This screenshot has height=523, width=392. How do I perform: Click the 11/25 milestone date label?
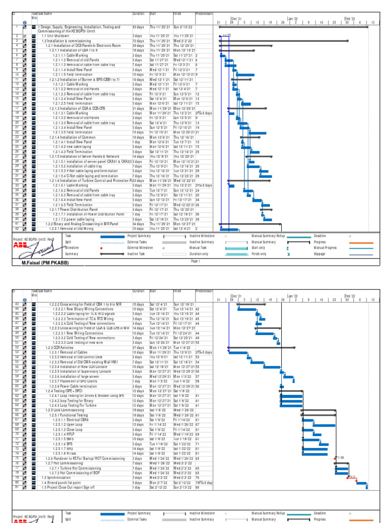227,35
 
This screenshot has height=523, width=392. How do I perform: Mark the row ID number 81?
17,487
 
